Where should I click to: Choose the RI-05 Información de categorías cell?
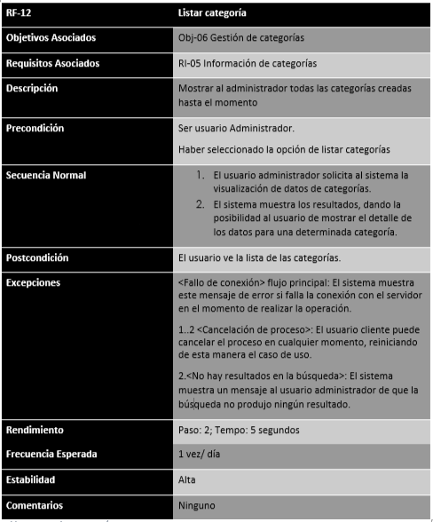pyautogui.click(x=247, y=64)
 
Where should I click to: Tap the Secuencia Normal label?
pyautogui.click(x=46, y=175)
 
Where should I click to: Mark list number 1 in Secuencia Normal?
pyautogui.click(x=201, y=176)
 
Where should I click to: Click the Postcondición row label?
pyautogui.click(x=38, y=257)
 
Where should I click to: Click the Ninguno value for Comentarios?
pyautogui.click(x=196, y=505)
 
